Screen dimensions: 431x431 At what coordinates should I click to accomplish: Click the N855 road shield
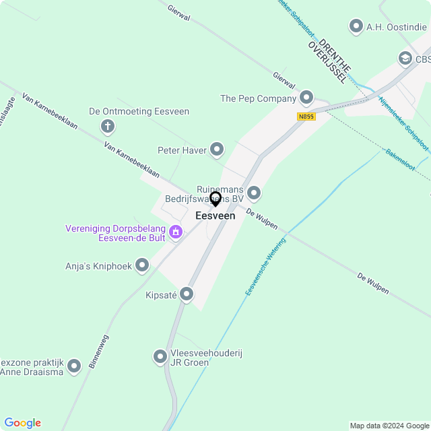[306, 117]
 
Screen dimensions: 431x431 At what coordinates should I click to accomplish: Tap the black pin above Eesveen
[215, 199]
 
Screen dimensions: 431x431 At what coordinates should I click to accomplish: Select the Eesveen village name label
[215, 216]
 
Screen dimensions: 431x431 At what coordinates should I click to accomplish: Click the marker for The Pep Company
[306, 98]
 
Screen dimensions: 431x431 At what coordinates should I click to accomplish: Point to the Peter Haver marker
[217, 150]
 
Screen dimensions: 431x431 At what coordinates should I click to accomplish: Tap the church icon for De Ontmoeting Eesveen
[107, 126]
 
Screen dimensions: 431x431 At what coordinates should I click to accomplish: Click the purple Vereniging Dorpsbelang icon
[176, 232]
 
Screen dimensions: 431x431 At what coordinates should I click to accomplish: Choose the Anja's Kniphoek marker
[142, 265]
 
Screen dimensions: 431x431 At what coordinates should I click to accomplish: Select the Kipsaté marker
[187, 294]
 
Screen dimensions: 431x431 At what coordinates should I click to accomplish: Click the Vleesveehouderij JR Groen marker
[160, 356]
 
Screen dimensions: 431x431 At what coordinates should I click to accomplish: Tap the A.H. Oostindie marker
[356, 26]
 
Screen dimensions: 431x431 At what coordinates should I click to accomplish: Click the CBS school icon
[405, 59]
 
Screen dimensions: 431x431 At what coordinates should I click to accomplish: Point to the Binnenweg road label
[98, 352]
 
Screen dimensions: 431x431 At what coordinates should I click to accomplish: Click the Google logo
[22, 422]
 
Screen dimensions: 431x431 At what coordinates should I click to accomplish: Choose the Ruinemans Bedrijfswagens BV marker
[254, 193]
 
